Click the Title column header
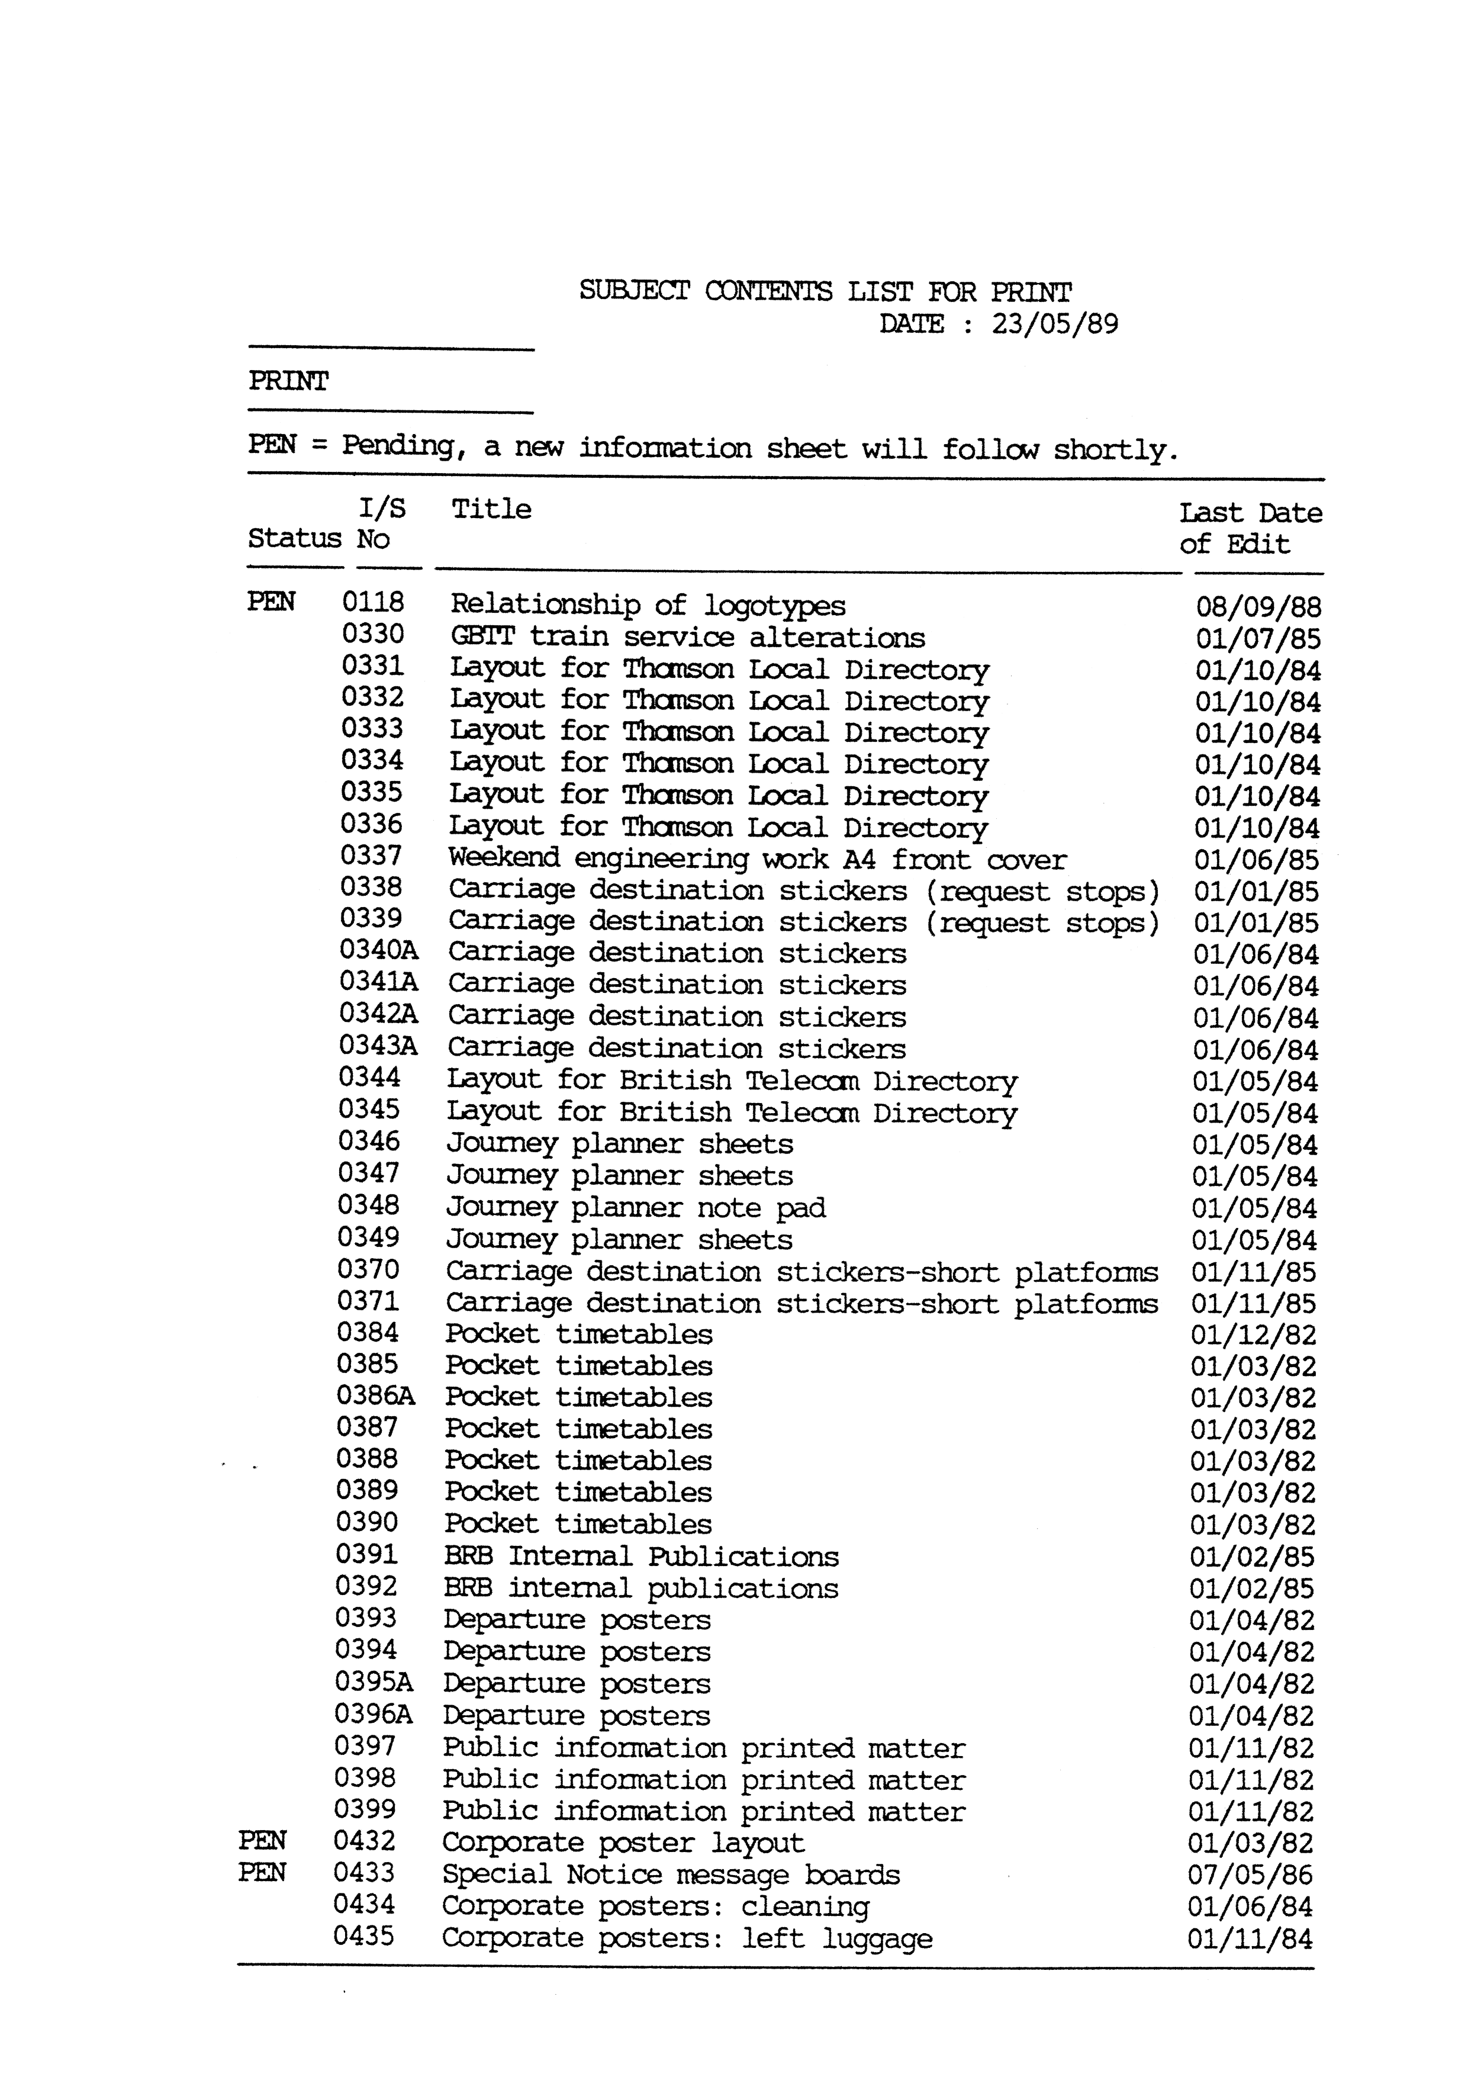point(491,509)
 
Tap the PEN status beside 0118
point(271,602)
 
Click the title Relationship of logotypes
point(648,605)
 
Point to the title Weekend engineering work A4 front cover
point(757,859)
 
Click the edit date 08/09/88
point(1258,607)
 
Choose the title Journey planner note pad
point(635,1208)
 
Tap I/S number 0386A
point(375,1396)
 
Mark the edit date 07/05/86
point(1250,1875)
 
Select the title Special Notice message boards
point(670,1875)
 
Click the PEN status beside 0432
point(262,1841)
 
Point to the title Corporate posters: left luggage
point(687,1938)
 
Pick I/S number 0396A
point(374,1714)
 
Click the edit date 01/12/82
point(1253,1335)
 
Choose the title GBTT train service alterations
point(687,638)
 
